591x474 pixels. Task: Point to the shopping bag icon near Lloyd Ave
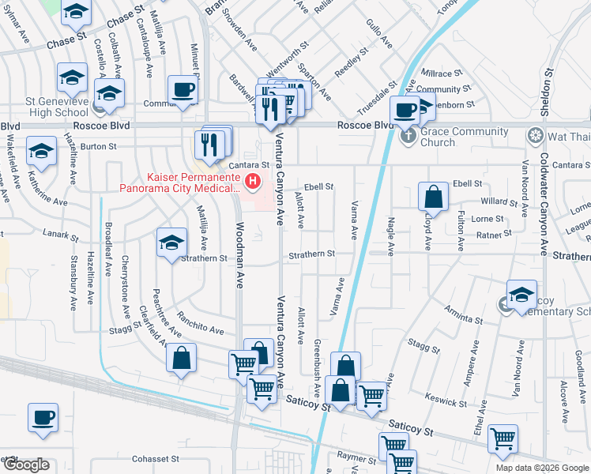coord(434,195)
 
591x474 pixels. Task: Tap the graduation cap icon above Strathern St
coord(171,242)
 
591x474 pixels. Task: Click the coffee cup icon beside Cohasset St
coord(43,417)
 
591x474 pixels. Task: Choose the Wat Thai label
coord(568,137)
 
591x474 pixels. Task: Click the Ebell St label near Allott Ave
coord(319,187)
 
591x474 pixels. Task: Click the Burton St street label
coord(99,146)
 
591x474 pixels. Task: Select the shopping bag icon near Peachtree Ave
coord(182,357)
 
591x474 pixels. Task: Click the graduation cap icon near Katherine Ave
coord(41,150)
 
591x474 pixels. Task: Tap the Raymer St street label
coord(354,457)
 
